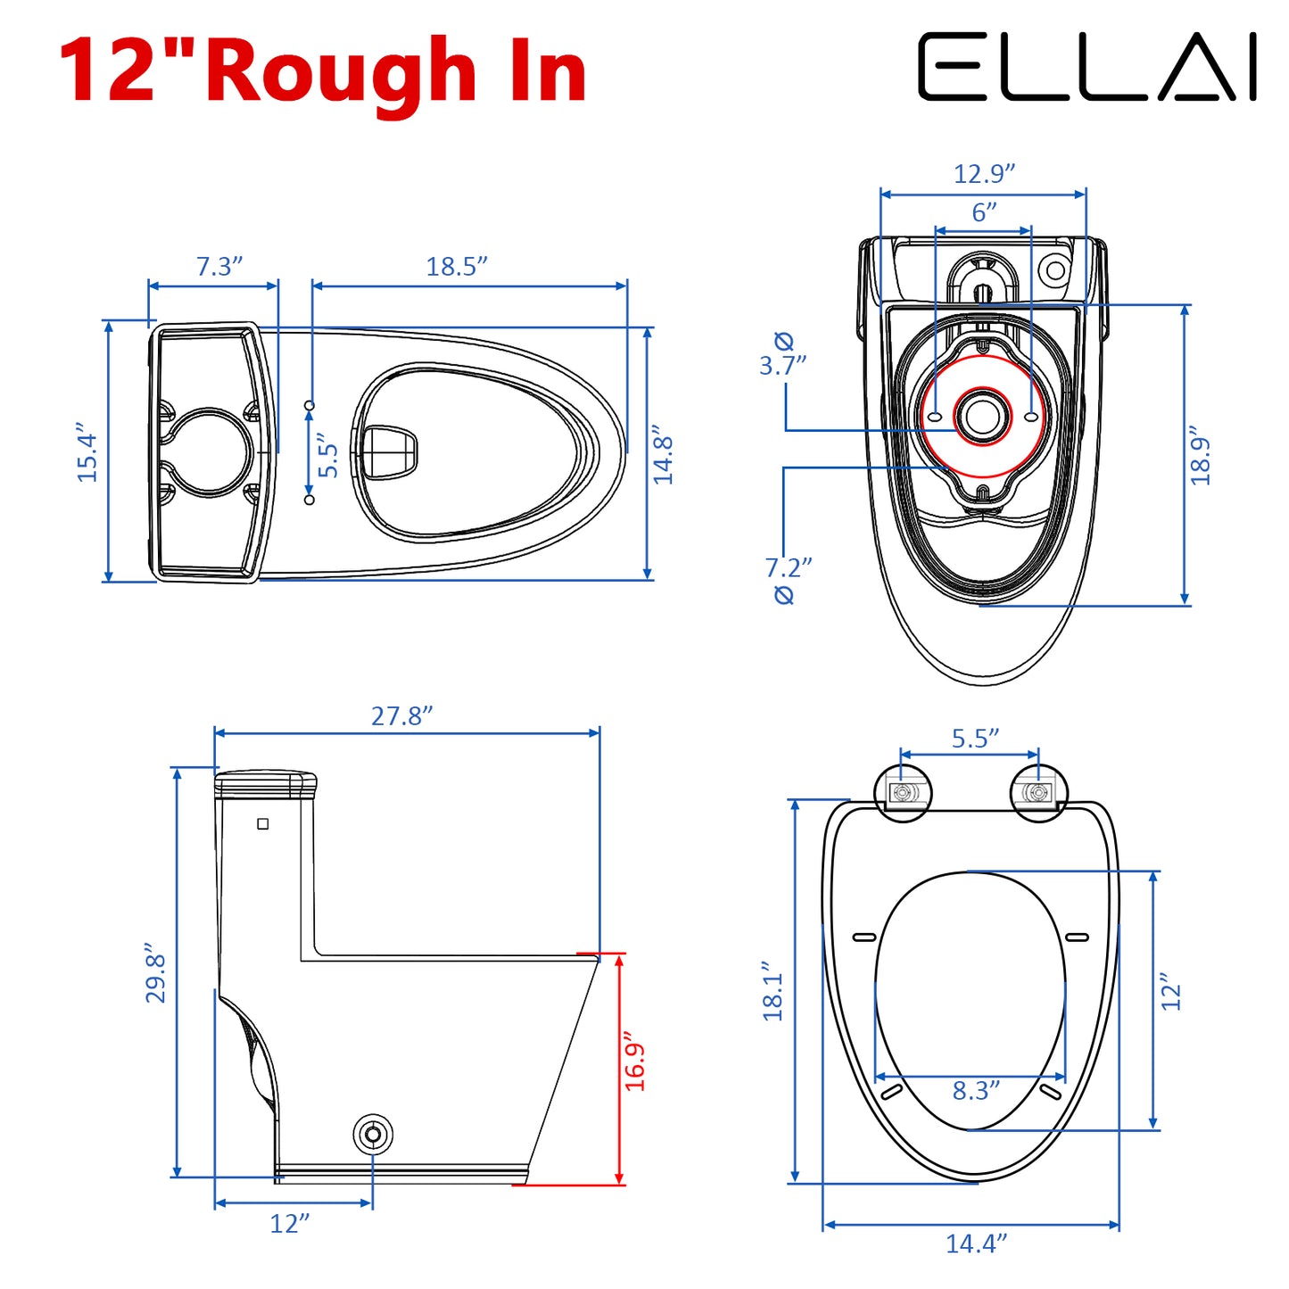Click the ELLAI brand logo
pyautogui.click(x=1087, y=67)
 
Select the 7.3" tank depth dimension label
pyautogui.click(x=219, y=266)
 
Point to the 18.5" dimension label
pyautogui.click(x=456, y=266)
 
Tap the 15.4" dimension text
pyautogui.click(x=87, y=454)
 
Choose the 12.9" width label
pyautogui.click(x=984, y=173)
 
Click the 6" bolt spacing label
pyautogui.click(x=984, y=212)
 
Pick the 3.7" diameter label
pyautogui.click(x=782, y=364)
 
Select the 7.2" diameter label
pyautogui.click(x=788, y=567)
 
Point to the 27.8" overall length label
pyautogui.click(x=401, y=715)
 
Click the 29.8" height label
pyautogui.click(x=155, y=973)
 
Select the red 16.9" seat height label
pyautogui.click(x=634, y=1062)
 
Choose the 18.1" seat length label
pyautogui.click(x=773, y=991)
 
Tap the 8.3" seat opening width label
pyautogui.click(x=976, y=1090)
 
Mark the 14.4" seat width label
pyautogui.click(x=976, y=1243)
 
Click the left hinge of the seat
pyautogui.click(x=904, y=792)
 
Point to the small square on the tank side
pyautogui.click(x=263, y=823)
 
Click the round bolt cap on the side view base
pyautogui.click(x=373, y=1135)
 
